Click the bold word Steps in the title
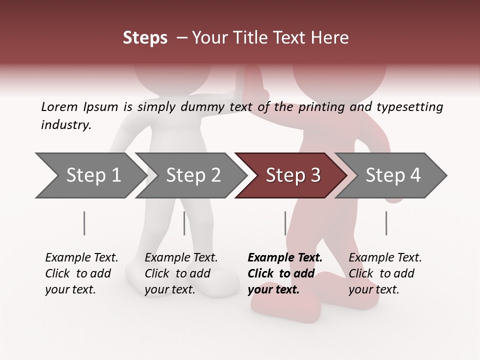pyautogui.click(x=145, y=38)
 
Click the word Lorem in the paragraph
pyautogui.click(x=59, y=106)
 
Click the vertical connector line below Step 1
pyautogui.click(x=84, y=223)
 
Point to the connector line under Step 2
pyautogui.click(x=184, y=223)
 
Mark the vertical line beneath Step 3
pyautogui.click(x=285, y=223)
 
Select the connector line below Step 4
pyautogui.click(x=386, y=223)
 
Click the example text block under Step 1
pyautogui.click(x=81, y=273)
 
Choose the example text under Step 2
pyautogui.click(x=181, y=273)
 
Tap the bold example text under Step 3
pyautogui.click(x=285, y=273)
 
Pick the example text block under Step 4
pyautogui.click(x=385, y=273)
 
